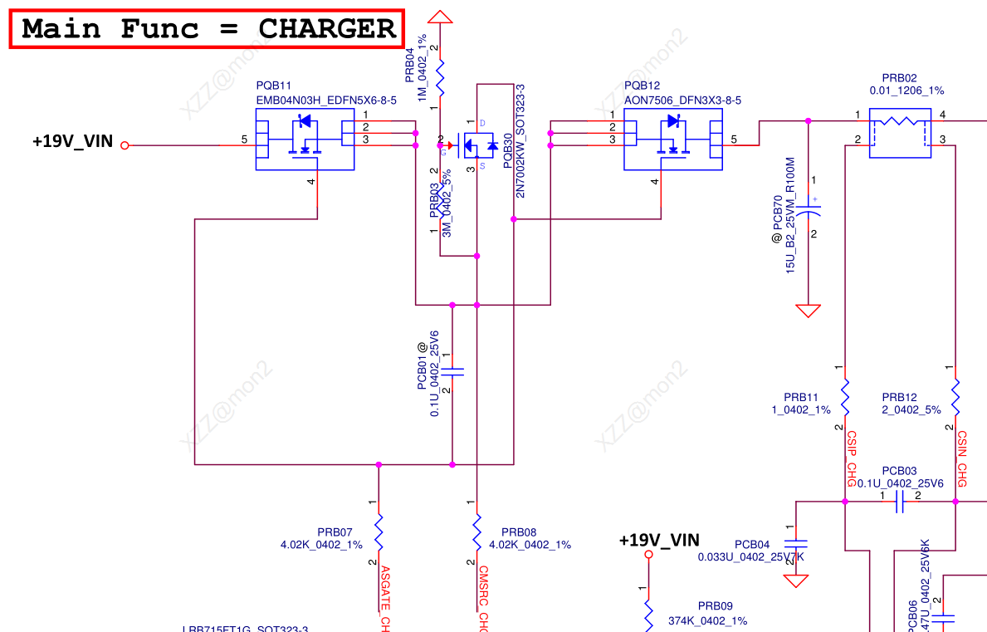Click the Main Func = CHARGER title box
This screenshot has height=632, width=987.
click(x=208, y=29)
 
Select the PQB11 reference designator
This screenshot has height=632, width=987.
click(x=274, y=86)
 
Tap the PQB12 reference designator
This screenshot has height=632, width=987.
click(x=642, y=86)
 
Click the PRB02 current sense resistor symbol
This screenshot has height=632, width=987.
click(x=900, y=133)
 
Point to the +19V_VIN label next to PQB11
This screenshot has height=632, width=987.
click(x=72, y=141)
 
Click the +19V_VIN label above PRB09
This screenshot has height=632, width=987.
click(x=659, y=540)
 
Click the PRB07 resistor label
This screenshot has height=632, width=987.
click(x=335, y=532)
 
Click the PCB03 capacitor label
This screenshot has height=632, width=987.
click(x=900, y=470)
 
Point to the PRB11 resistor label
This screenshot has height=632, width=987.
click(x=801, y=397)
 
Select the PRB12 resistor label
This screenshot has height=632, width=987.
click(x=900, y=397)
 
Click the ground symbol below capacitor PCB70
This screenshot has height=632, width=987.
click(x=808, y=311)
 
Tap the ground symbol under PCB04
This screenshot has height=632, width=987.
click(x=796, y=581)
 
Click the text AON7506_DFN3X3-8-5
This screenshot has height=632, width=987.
click(x=682, y=100)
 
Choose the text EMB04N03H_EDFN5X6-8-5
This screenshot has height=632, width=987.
click(x=326, y=100)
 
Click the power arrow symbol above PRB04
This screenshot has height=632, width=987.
click(x=441, y=16)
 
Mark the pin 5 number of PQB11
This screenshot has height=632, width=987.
click(x=244, y=139)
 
